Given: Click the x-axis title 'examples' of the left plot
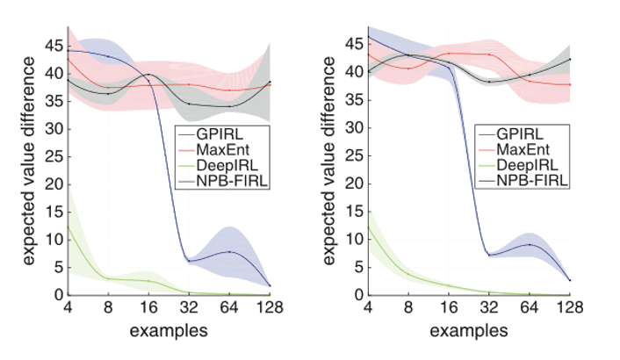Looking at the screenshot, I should pyautogui.click(x=169, y=331).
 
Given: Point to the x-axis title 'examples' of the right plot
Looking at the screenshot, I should pyautogui.click(x=469, y=331).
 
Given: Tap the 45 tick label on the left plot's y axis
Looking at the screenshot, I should pyautogui.click(x=55, y=44).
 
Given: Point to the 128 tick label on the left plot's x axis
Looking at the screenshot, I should pyautogui.click(x=269, y=308).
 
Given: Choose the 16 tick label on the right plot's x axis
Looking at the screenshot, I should pyautogui.click(x=449, y=308).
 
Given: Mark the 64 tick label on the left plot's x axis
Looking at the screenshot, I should pyautogui.click(x=229, y=308).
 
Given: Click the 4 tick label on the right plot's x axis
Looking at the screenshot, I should pyautogui.click(x=368, y=308).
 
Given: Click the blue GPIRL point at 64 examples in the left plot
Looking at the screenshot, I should pyautogui.click(x=229, y=252).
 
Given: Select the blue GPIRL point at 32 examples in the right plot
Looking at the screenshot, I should pyautogui.click(x=489, y=255).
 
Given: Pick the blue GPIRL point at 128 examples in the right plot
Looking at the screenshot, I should pyautogui.click(x=569, y=279).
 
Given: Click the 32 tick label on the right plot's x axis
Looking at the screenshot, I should pyautogui.click(x=489, y=308).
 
